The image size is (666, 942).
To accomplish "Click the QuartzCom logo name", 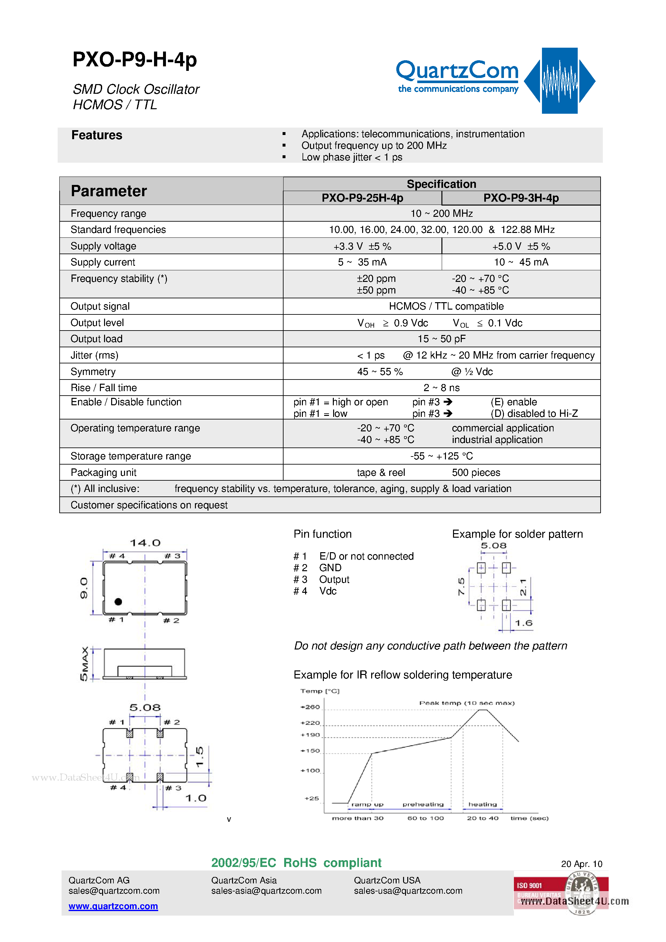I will tap(457, 71).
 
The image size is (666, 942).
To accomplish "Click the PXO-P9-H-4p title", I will tap(135, 60).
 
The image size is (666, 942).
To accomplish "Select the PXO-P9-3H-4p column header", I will tap(521, 198).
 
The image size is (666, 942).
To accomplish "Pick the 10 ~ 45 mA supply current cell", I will tap(521, 262).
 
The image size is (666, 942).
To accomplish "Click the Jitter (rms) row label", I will tap(94, 355).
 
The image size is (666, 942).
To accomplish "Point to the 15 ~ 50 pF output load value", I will tap(441, 339).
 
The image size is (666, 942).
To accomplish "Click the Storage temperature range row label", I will tap(130, 456).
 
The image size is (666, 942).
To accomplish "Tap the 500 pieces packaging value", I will tap(476, 473).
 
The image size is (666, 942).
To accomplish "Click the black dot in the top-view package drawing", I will tap(118, 601).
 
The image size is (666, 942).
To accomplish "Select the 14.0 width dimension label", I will tap(145, 543).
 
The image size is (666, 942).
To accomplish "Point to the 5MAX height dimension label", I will tap(84, 663).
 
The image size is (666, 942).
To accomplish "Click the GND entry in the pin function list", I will tap(330, 568).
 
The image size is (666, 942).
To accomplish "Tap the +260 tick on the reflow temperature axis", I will tap(310, 707).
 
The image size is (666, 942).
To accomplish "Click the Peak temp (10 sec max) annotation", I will tap(467, 703).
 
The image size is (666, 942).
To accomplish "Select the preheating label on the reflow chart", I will tap(423, 804).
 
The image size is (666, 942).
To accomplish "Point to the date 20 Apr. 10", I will tap(581, 864).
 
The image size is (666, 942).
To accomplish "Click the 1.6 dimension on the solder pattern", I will tap(523, 623).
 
